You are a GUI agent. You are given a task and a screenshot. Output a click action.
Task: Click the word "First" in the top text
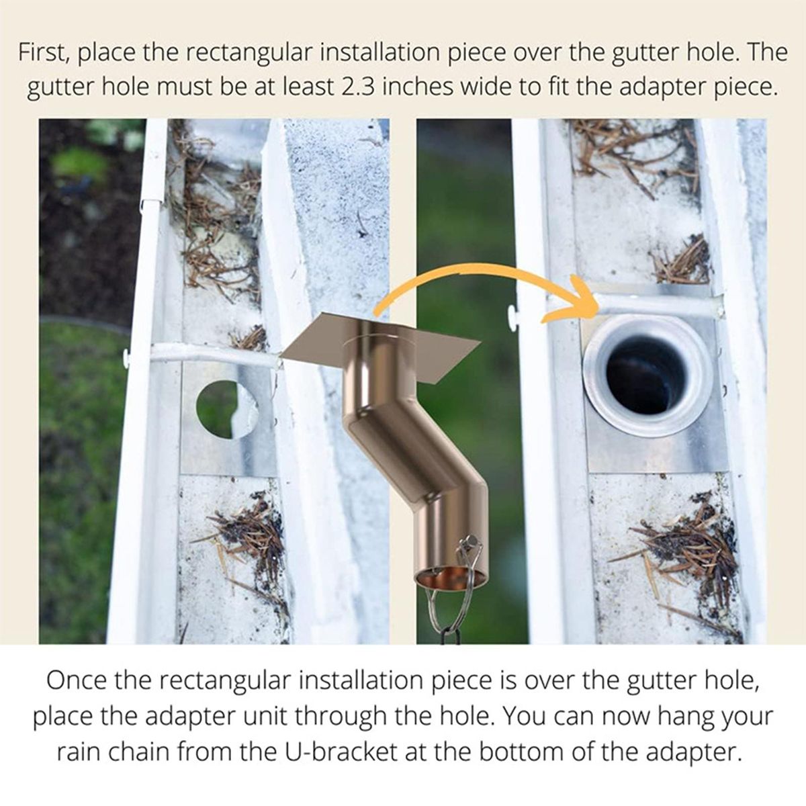coord(44,54)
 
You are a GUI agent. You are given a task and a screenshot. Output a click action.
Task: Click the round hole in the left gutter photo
coord(227,409)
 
